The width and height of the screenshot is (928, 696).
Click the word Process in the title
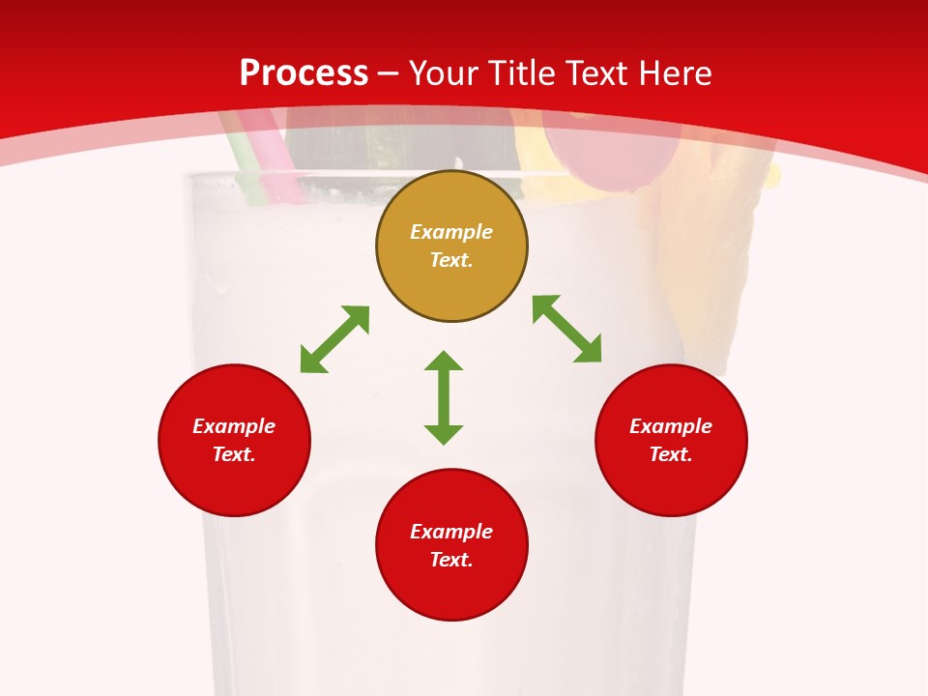[x=304, y=73]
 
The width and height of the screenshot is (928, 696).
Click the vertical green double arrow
[x=444, y=397]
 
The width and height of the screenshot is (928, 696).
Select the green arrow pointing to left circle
[x=334, y=339]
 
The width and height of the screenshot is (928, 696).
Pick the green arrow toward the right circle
[x=567, y=329]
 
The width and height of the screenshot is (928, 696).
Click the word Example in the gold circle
[x=451, y=232]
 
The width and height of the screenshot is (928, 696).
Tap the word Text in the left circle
[x=234, y=454]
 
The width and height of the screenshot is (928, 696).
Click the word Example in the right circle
[x=671, y=426]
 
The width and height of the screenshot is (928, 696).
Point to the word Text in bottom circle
[x=451, y=560]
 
